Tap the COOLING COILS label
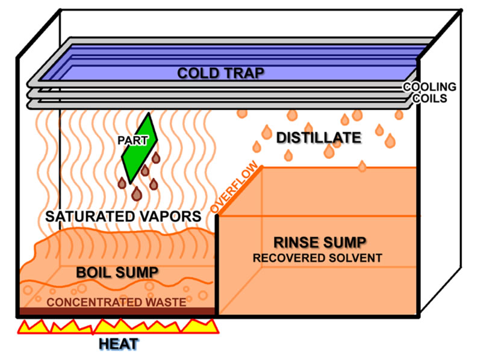[429, 92]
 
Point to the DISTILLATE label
[318, 138]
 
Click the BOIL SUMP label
[117, 272]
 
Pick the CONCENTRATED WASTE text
[116, 302]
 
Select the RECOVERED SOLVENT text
[317, 258]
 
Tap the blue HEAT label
[119, 344]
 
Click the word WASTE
[166, 302]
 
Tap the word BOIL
[96, 272]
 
